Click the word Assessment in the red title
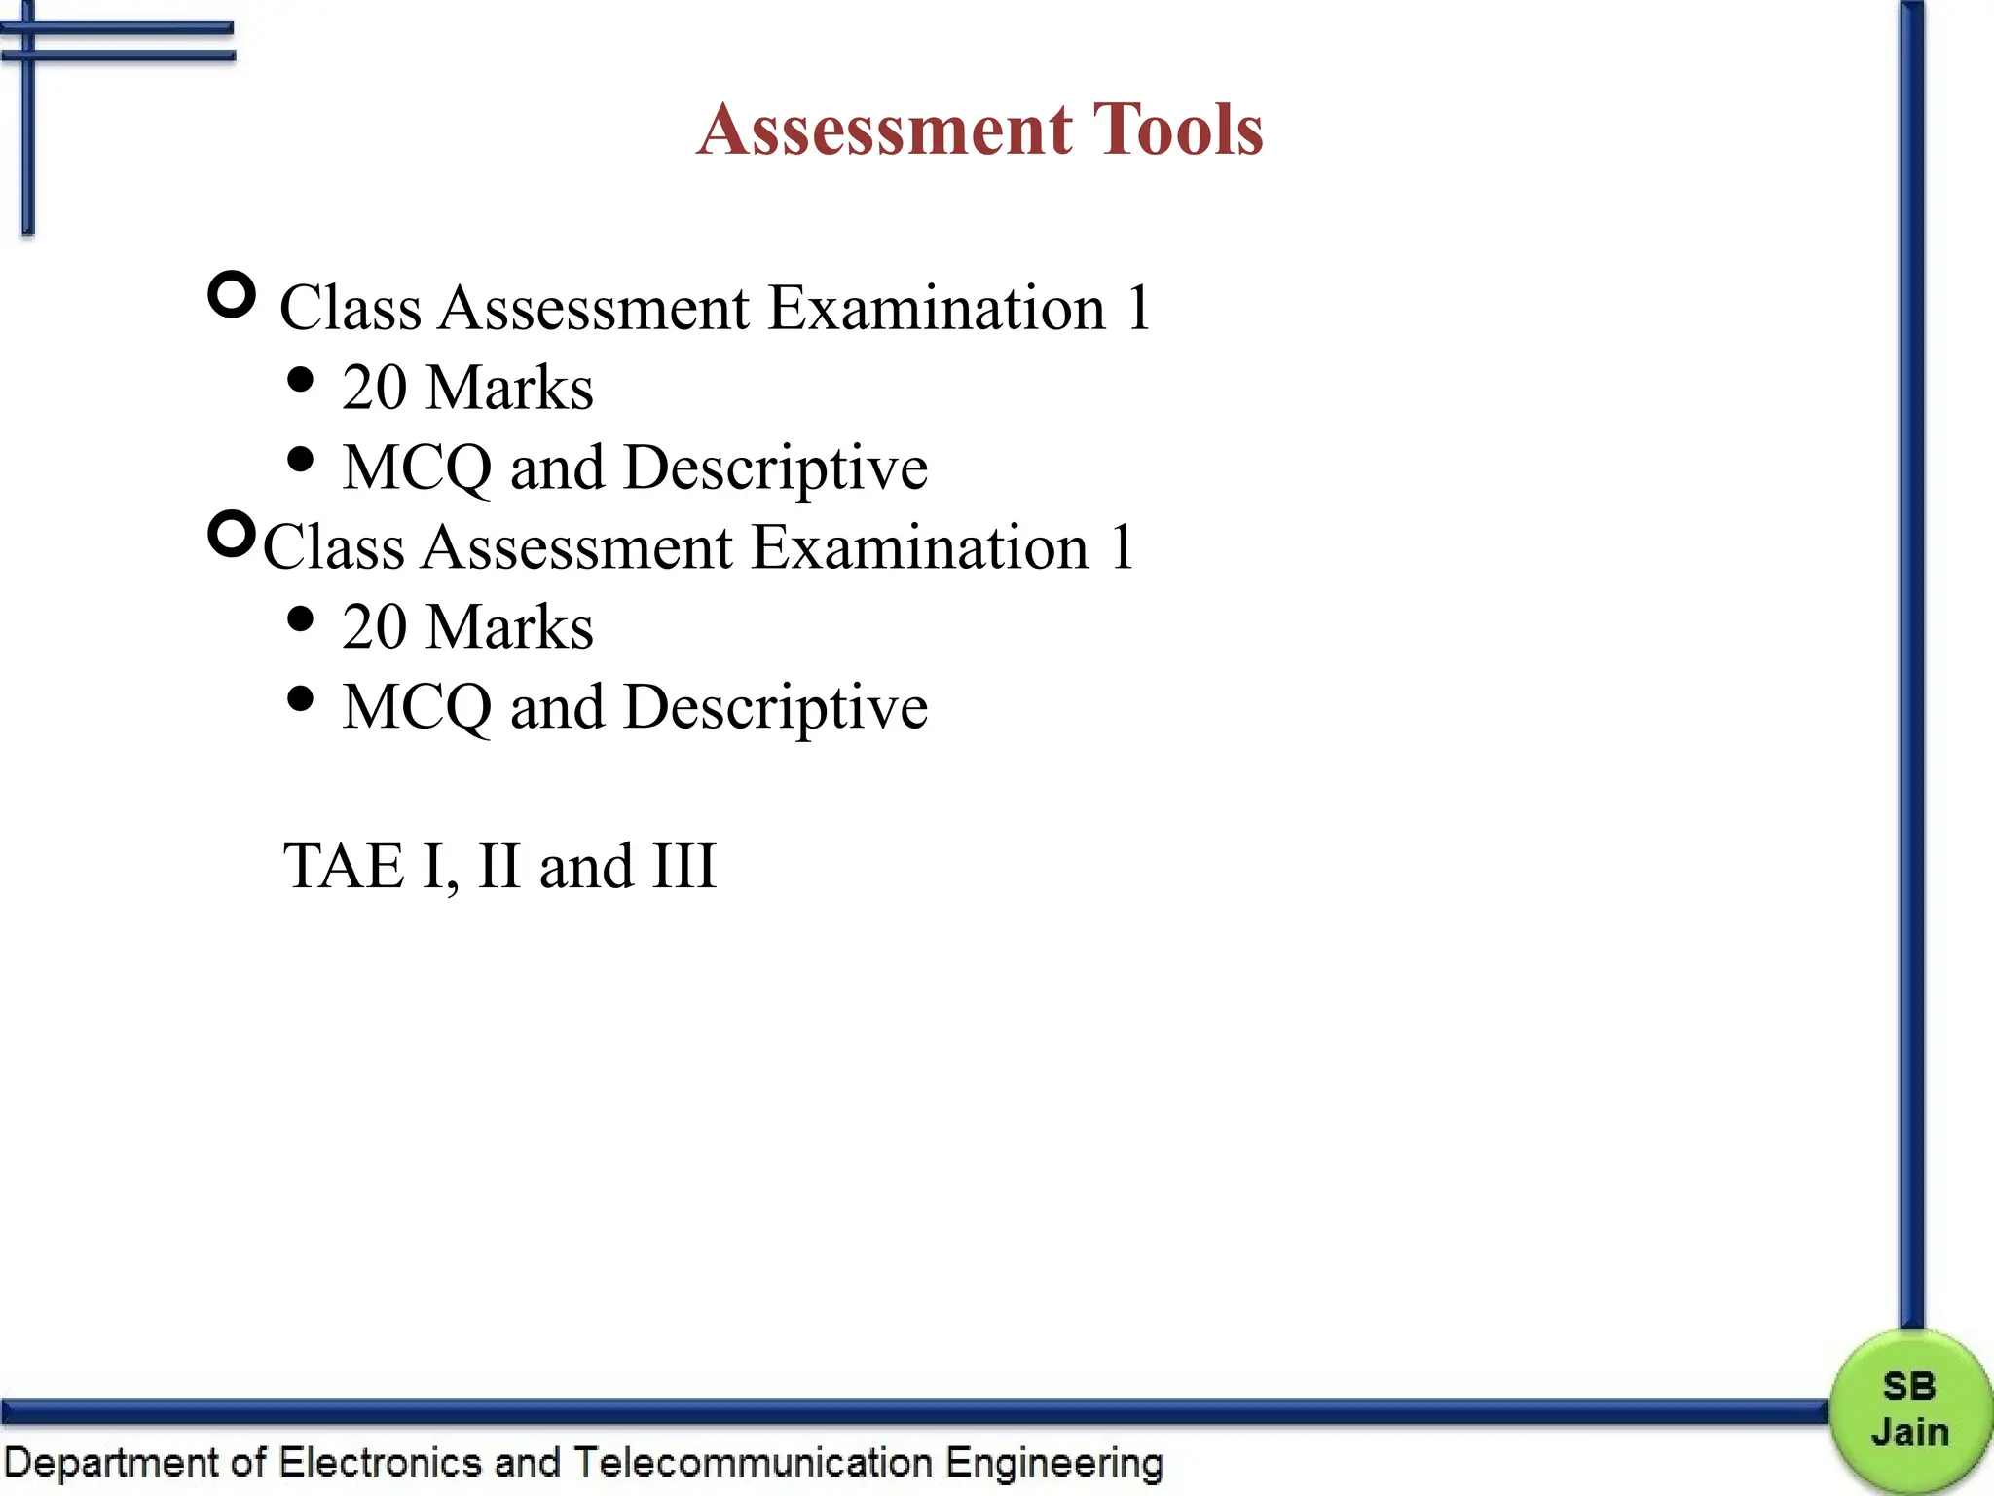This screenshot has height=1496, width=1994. pos(884,130)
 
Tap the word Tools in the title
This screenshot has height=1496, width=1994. pos(1178,130)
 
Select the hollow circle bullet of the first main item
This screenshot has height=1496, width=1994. pos(232,295)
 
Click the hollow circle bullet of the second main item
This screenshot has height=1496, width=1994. pos(232,534)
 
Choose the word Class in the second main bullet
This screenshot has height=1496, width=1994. pos(333,547)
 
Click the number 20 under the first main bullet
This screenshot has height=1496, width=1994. pos(374,388)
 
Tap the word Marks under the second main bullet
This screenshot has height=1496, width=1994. pos(510,626)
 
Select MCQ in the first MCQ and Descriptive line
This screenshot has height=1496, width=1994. pos(418,467)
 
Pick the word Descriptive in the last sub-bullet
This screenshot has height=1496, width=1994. pos(775,708)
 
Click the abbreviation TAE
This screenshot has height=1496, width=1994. pos(343,866)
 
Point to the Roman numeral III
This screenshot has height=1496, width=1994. pos(684,866)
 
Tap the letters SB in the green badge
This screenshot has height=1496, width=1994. pos(1909,1386)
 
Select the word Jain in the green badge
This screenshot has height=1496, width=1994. pos(1910,1433)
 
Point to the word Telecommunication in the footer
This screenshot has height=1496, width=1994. pos(753,1463)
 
